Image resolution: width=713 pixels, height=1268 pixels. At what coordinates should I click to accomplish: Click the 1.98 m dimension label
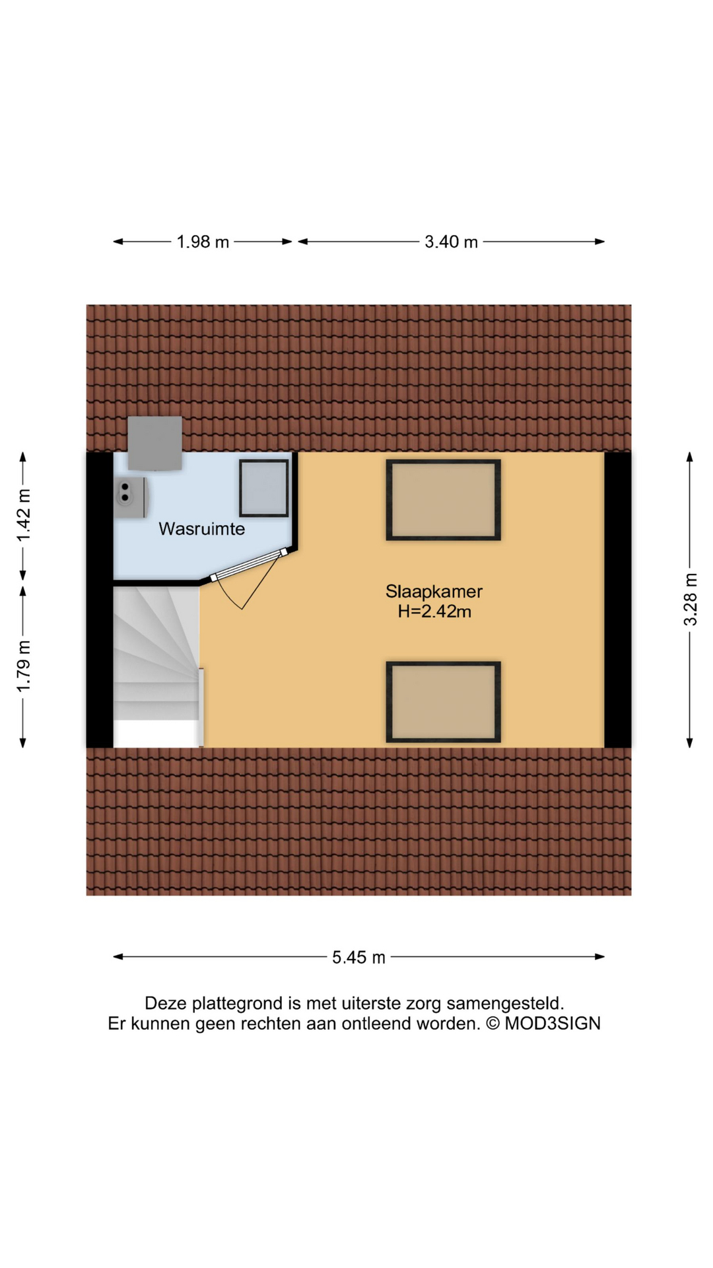[x=202, y=242]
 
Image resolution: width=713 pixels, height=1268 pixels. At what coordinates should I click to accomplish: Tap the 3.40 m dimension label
[x=451, y=242]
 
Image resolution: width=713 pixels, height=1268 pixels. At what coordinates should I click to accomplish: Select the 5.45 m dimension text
[x=358, y=958]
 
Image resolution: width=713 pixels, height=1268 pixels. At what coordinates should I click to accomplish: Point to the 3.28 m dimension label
[x=690, y=600]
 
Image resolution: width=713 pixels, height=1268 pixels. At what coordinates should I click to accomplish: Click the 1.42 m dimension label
[x=24, y=516]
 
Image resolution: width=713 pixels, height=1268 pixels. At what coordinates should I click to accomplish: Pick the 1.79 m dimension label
[x=24, y=666]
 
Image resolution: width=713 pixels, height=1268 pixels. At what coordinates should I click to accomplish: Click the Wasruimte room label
[x=201, y=529]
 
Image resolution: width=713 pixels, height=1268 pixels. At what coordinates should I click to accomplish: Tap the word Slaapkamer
[x=434, y=592]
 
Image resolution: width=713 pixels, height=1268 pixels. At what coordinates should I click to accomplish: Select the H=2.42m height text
[x=434, y=612]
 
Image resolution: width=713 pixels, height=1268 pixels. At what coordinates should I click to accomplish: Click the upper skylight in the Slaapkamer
[x=443, y=500]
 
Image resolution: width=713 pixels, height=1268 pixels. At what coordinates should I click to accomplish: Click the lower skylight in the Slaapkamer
[x=443, y=702]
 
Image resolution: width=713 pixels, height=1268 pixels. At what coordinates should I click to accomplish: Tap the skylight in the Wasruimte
[x=263, y=488]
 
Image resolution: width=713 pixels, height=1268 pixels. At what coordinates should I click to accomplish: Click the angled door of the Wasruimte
[x=249, y=565]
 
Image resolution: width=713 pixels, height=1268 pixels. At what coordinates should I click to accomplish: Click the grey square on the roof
[x=154, y=442]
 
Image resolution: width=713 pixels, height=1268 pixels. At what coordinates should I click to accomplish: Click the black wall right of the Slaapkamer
[x=618, y=600]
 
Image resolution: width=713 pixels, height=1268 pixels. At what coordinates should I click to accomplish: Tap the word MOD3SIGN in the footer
[x=553, y=1024]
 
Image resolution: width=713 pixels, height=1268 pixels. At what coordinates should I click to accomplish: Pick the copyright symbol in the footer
[x=492, y=1024]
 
